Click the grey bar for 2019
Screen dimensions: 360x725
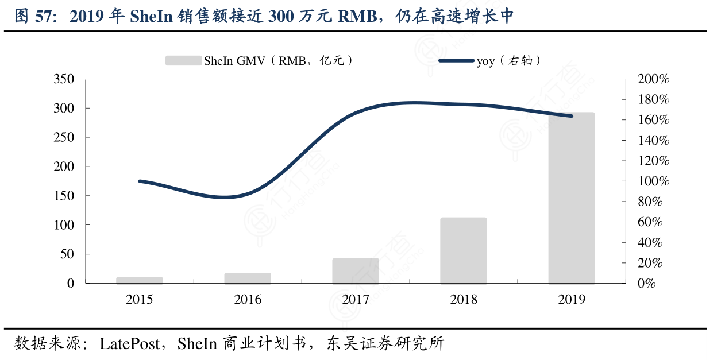coord(571,198)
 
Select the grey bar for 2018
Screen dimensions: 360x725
coord(463,250)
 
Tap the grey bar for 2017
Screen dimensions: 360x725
coord(356,271)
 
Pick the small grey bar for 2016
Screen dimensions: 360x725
coord(248,278)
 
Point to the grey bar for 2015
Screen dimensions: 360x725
coord(140,280)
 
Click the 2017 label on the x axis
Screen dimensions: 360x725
coord(356,300)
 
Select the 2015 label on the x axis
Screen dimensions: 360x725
coord(140,300)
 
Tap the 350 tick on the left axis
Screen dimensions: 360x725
coord(64,79)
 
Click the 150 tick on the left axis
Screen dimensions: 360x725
coord(64,196)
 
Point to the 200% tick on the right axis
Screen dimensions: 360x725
coord(653,79)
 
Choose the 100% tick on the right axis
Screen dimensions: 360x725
coord(653,181)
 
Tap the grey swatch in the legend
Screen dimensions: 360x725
coord(183,60)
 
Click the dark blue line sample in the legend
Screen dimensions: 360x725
coord(456,60)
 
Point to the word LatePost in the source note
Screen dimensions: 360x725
coord(129,344)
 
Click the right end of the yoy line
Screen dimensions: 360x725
coord(572,116)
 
